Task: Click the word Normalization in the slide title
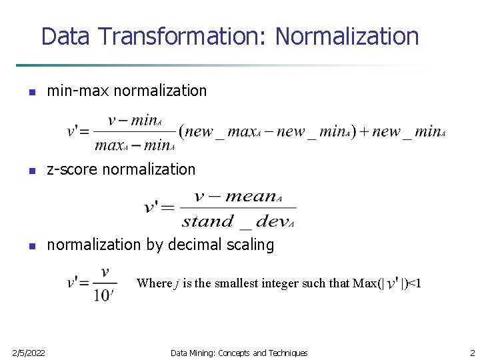pos(347,36)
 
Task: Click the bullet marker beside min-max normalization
pos(31,92)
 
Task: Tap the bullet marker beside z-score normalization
pos(31,171)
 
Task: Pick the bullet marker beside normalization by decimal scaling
pos(31,246)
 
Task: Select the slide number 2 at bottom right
pos(472,353)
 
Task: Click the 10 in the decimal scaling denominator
pos(102,294)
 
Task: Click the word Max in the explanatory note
pos(364,283)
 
